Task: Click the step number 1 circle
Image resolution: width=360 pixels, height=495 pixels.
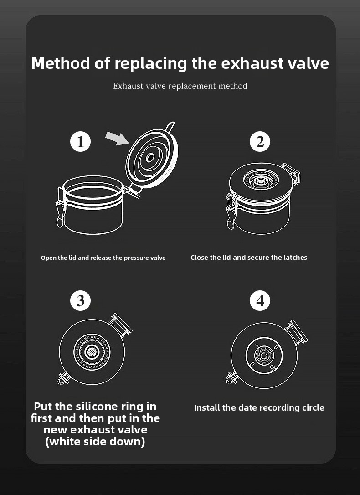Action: (x=81, y=141)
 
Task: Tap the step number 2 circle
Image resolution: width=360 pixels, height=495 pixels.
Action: (x=260, y=141)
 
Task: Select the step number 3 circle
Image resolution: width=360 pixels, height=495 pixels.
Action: (x=81, y=300)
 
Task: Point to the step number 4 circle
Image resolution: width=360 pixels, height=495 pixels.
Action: (x=260, y=300)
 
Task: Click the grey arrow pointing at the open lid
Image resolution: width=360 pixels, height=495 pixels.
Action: (x=117, y=138)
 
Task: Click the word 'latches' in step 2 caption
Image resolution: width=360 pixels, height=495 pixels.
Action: (x=295, y=257)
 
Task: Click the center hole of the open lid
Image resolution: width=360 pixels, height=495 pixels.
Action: (x=149, y=157)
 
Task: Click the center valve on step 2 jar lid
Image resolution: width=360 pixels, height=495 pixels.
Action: (x=260, y=181)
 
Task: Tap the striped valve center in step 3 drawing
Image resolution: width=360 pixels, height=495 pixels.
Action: (x=92, y=351)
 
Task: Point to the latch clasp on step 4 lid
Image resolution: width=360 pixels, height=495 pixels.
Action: (x=231, y=377)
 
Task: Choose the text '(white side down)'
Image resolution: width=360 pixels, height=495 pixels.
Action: (x=95, y=441)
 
